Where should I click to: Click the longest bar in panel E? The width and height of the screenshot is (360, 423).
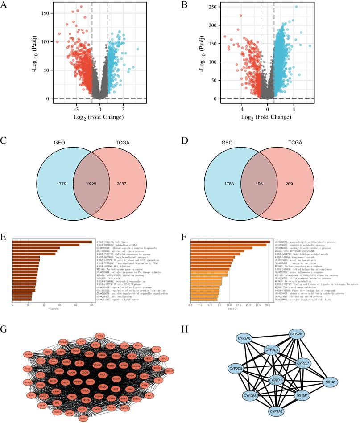click(x=52, y=242)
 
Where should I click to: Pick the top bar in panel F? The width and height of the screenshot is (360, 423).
click(x=230, y=242)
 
